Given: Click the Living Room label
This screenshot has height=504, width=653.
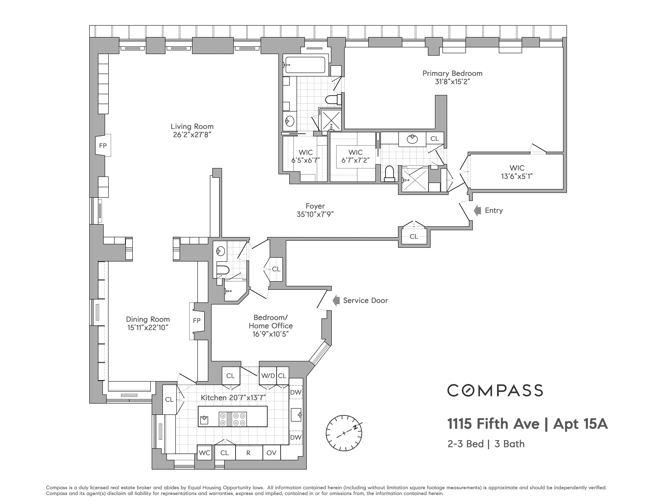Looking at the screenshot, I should pos(192,127).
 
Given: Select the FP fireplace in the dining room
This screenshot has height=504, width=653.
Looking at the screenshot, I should pos(196,321).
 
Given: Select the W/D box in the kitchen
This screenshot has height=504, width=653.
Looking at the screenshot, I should pos(268,376).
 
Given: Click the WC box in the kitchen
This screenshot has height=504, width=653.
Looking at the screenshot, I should pos(205,453).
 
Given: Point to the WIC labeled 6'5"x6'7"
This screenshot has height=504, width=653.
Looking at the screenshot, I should pos(306,156).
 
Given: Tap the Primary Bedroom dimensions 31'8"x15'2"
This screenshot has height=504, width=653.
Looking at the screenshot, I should pos(452,82).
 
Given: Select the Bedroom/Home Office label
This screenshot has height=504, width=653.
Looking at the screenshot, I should pos(271,322).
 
